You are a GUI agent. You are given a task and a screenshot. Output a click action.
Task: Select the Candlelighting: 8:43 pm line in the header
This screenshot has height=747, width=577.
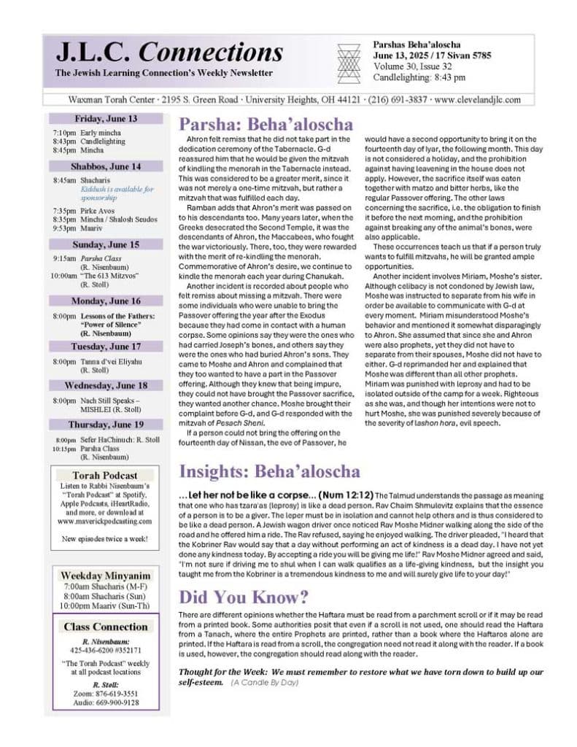pos(419,77)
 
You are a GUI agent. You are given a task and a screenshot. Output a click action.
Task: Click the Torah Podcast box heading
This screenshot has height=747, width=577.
pos(106,476)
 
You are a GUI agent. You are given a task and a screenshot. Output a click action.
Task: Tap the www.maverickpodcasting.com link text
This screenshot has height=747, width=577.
pos(105,521)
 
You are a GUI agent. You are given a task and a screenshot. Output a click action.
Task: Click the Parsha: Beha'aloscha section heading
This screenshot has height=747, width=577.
pos(266,124)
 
